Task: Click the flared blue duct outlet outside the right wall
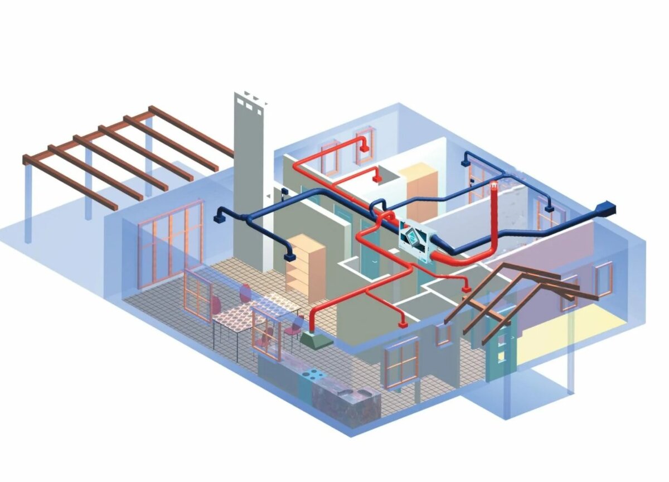click(x=605, y=210)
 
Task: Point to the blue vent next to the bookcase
click(x=289, y=257)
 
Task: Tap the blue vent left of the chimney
click(x=219, y=215)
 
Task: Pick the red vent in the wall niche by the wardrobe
click(x=377, y=179)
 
